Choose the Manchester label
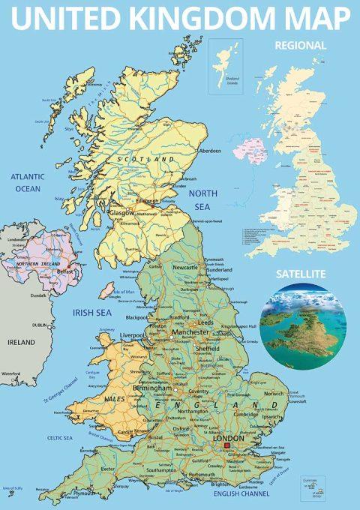point(190,331)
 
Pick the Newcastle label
point(184,266)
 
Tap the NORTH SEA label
point(203,199)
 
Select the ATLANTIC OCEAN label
point(29,182)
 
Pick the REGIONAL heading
point(301,45)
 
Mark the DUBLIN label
point(40,325)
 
